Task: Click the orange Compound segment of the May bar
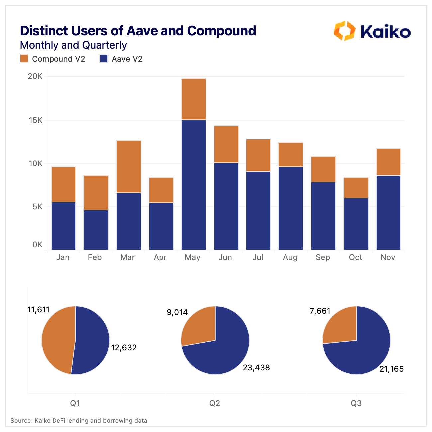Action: (193, 99)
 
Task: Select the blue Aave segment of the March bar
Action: (129, 221)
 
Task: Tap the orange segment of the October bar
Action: (356, 188)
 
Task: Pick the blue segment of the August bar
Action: (291, 208)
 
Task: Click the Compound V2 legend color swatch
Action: (24, 59)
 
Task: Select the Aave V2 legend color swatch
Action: (104, 59)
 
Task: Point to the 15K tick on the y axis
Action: (36, 120)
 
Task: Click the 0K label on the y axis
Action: (38, 245)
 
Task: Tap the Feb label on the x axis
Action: (95, 257)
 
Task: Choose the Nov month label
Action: (388, 257)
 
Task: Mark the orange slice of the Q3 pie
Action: (340, 326)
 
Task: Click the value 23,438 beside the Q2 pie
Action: (256, 367)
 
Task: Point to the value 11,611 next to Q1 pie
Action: (38, 310)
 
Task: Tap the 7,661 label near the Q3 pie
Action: (320, 311)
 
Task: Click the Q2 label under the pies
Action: (215, 403)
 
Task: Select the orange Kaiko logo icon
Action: (344, 31)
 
